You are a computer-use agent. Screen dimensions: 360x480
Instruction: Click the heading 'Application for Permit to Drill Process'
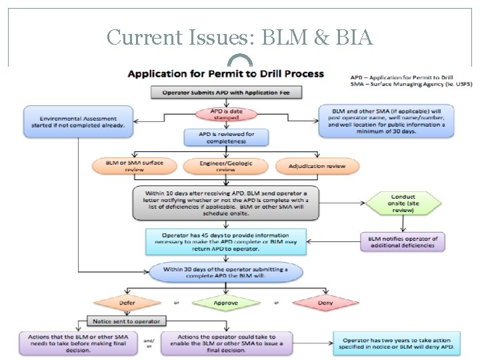pyautogui.click(x=226, y=73)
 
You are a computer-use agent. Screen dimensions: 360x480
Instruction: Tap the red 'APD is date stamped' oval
pyautogui.click(x=226, y=114)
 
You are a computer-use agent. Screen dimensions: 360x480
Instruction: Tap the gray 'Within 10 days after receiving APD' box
pyautogui.click(x=226, y=202)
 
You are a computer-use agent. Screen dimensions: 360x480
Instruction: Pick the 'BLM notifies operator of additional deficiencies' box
pyautogui.click(x=403, y=241)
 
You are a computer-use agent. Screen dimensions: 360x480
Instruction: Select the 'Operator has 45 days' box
pyautogui.click(x=226, y=241)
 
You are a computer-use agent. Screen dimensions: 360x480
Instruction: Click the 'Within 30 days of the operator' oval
pyautogui.click(x=226, y=272)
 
